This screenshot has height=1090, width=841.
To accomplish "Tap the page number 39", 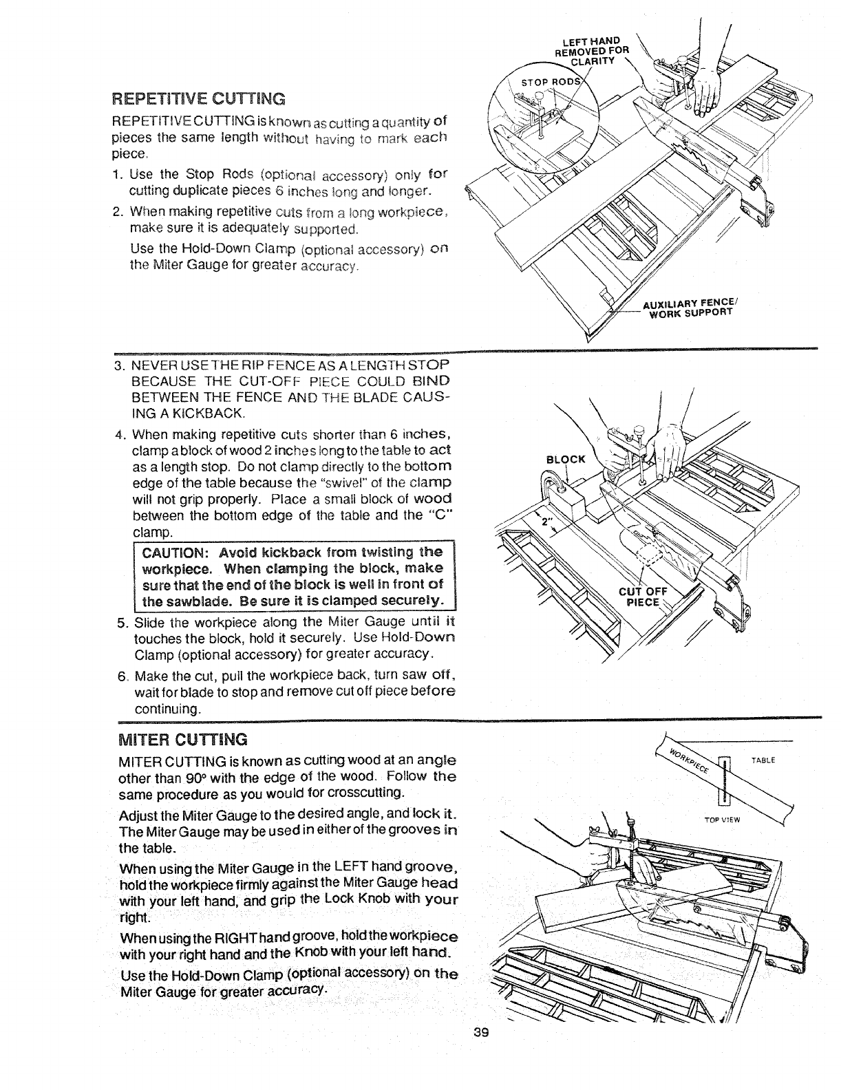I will click(480, 1071).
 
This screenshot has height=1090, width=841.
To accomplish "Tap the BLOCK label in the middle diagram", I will click(565, 460).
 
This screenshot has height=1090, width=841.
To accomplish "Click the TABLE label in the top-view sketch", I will click(763, 760).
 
